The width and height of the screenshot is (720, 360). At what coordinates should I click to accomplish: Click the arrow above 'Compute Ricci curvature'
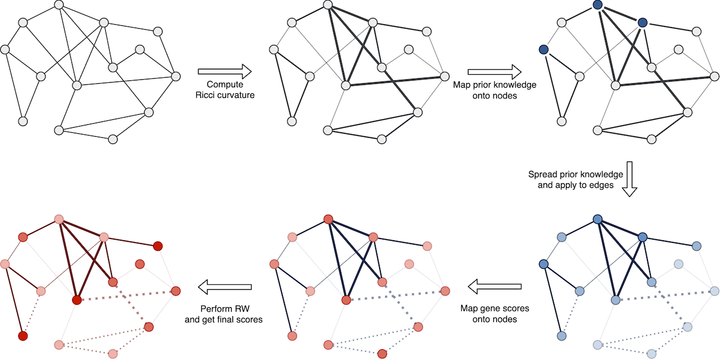pyautogui.click(x=224, y=71)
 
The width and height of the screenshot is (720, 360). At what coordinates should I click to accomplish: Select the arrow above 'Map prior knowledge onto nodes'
pyautogui.click(x=494, y=71)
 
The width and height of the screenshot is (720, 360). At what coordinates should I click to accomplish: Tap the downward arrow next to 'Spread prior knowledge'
pyautogui.click(x=630, y=178)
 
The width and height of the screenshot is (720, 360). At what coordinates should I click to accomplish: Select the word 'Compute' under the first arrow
pyautogui.click(x=224, y=84)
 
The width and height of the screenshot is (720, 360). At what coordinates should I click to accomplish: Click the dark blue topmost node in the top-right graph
pyautogui.click(x=597, y=5)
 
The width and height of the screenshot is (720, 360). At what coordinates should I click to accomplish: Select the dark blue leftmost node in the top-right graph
pyautogui.click(x=543, y=50)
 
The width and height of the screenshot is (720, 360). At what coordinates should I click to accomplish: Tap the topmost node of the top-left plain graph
pyautogui.click(x=59, y=5)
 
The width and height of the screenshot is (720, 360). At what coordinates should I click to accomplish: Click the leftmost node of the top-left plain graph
pyautogui.click(x=5, y=49)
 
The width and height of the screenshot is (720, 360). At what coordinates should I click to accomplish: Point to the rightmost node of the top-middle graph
pyautogui.click(x=445, y=76)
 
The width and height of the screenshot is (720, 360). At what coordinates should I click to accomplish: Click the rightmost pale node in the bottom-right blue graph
pyautogui.click(x=714, y=291)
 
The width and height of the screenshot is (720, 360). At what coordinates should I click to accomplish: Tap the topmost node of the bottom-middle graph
pyautogui.click(x=328, y=219)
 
